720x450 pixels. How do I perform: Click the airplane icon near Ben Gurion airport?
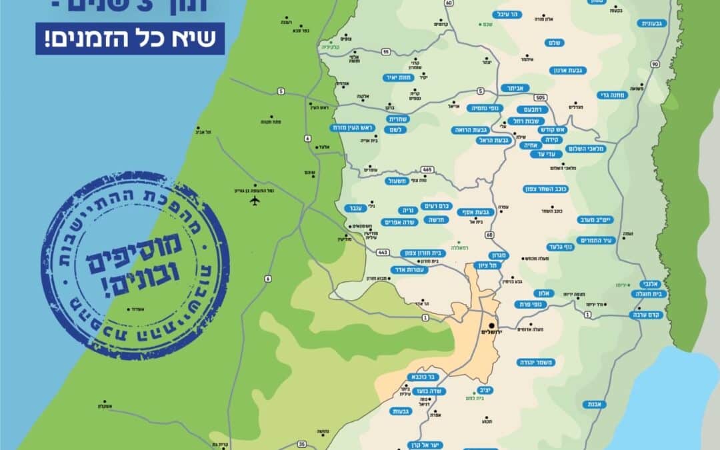tap(254, 202)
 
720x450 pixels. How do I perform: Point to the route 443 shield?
tap(383, 252)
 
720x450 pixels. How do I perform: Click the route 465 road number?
tap(427, 170)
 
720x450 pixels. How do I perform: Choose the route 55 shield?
tap(385, 51)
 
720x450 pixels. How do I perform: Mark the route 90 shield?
tap(655, 64)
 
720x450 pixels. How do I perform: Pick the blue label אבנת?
tap(593, 404)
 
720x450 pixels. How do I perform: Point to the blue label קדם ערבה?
tap(646, 315)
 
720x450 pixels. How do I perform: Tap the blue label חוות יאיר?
tap(399, 77)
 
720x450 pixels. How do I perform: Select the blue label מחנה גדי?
tap(608, 94)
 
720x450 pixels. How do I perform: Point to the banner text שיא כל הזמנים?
tap(131, 39)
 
